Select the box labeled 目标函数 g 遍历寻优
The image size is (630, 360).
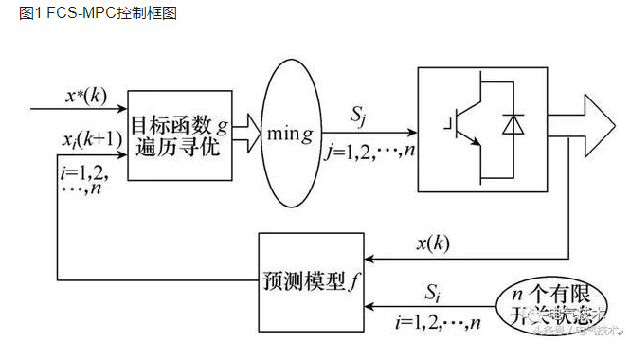pos(181,137)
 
